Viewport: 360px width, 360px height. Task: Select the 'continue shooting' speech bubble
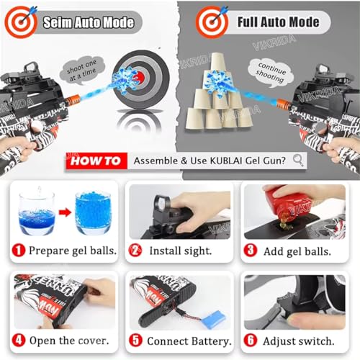pyautogui.click(x=268, y=69)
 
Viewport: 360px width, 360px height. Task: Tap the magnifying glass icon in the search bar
pyautogui.click(x=297, y=160)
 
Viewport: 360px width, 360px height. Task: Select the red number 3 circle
pyautogui.click(x=251, y=251)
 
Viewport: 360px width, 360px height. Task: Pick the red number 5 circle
pyautogui.click(x=135, y=341)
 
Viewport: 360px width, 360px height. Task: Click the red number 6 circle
pyautogui.click(x=251, y=341)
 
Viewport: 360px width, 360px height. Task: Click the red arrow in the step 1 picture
pyautogui.click(x=63, y=215)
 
